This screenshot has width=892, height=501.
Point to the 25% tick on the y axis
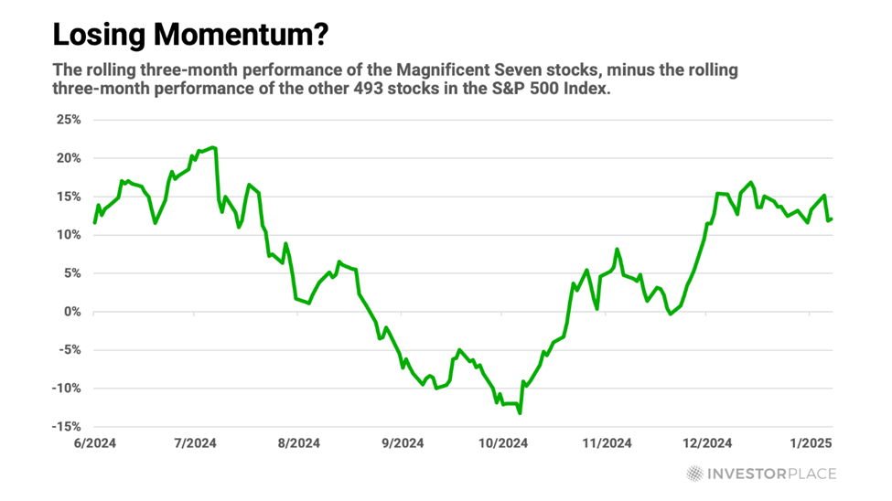coord(70,120)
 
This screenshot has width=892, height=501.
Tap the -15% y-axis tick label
coord(67,427)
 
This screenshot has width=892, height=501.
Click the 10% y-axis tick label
coord(70,235)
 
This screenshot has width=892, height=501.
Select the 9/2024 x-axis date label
coord(398,443)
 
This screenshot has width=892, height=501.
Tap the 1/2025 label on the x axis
coord(811,443)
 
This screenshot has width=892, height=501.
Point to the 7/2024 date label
coord(193,443)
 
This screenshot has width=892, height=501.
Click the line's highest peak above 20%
coord(213,147)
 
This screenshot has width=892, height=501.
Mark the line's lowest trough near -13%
coord(521,413)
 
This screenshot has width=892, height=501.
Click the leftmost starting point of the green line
coord(94,223)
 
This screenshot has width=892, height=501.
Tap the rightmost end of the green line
coord(831,219)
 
